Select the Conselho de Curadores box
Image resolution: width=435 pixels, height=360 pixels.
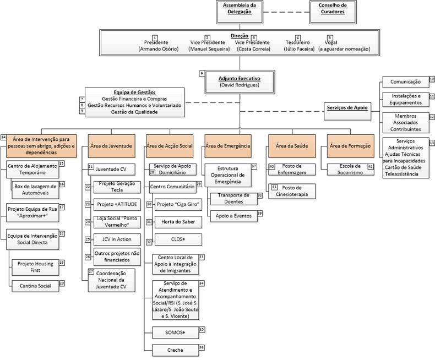(x=332, y=11)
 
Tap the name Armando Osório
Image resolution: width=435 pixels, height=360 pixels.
(x=159, y=49)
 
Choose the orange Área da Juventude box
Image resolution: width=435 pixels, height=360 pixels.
(x=111, y=146)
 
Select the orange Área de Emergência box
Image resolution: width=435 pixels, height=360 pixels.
(x=227, y=146)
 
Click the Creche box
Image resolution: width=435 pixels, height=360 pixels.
(x=175, y=350)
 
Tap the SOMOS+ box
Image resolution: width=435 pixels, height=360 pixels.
(x=175, y=332)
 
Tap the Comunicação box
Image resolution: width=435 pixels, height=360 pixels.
(x=406, y=81)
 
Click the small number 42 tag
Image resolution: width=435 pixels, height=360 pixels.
(x=371, y=166)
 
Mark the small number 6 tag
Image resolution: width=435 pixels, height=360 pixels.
(x=202, y=73)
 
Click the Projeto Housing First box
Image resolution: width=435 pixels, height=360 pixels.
(x=35, y=266)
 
